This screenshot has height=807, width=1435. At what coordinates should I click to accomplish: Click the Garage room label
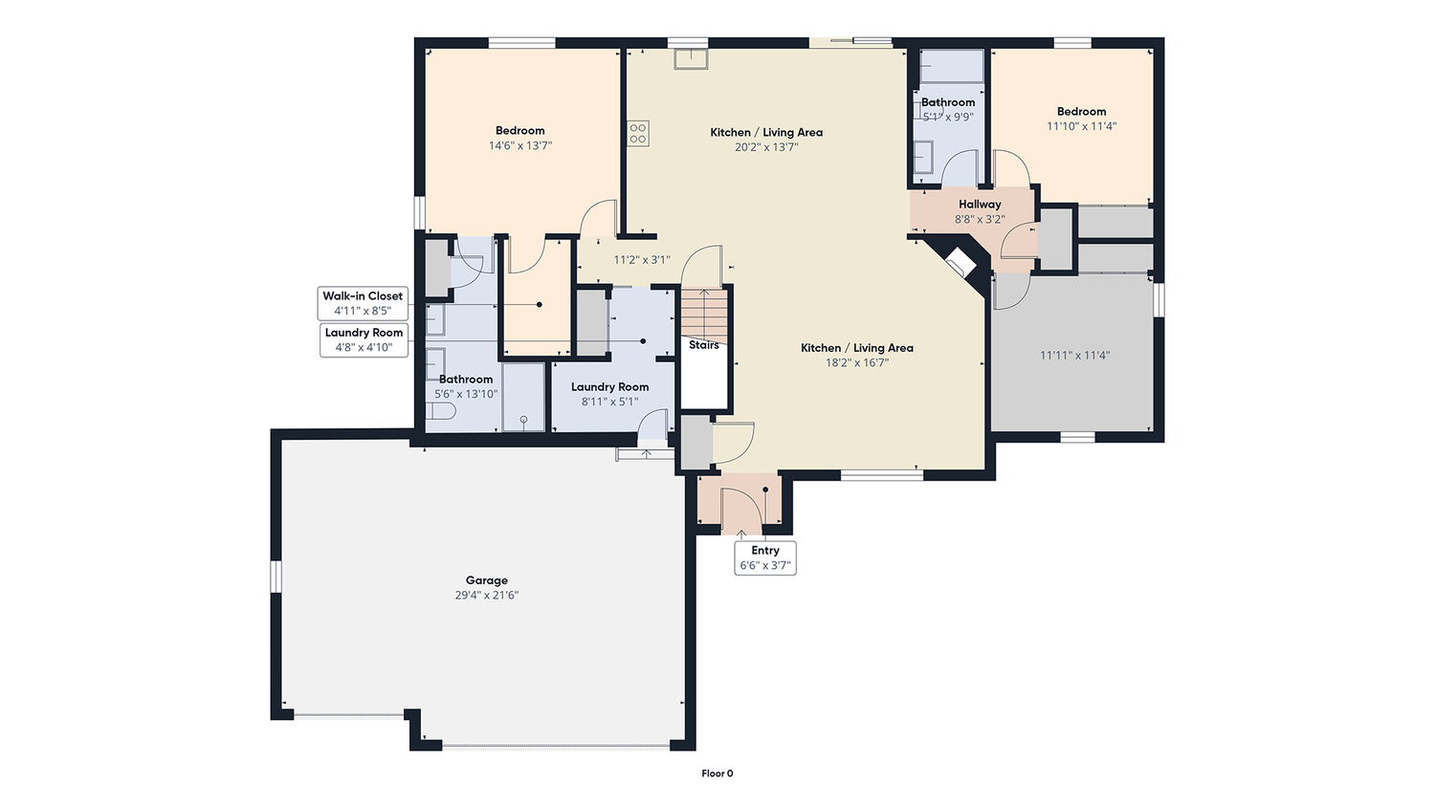[x=486, y=580]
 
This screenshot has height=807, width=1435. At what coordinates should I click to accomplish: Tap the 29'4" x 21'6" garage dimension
[x=486, y=595]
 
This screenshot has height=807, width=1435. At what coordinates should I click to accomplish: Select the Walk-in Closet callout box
[x=363, y=303]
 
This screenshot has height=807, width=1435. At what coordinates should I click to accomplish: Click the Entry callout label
[x=765, y=557]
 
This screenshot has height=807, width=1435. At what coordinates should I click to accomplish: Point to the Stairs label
[x=703, y=345]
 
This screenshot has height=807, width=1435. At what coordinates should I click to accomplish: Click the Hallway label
[x=980, y=205]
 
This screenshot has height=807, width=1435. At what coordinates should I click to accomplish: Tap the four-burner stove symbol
[x=637, y=133]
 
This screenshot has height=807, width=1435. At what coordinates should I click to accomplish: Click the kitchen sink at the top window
[x=691, y=59]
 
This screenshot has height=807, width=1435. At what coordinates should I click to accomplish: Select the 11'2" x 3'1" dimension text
[x=642, y=259]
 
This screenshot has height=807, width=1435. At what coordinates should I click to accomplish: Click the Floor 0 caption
[x=717, y=773]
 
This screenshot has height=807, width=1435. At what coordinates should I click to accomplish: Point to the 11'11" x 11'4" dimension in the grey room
[x=1074, y=355]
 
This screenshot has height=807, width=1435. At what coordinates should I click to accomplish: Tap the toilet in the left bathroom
[x=441, y=410]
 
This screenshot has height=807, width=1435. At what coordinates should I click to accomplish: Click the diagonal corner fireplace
[x=961, y=261]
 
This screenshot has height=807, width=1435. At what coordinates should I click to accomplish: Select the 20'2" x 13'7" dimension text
[x=766, y=147]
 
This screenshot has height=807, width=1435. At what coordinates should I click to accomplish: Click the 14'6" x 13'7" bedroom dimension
[x=520, y=145]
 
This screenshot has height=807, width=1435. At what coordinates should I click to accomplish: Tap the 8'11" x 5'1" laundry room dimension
[x=610, y=402]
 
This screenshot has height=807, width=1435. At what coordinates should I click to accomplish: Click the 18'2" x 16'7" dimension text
[x=856, y=362]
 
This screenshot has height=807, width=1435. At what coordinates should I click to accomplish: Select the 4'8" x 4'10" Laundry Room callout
[x=364, y=340]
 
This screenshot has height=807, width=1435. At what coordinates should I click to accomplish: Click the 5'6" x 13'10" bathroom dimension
[x=466, y=394]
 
